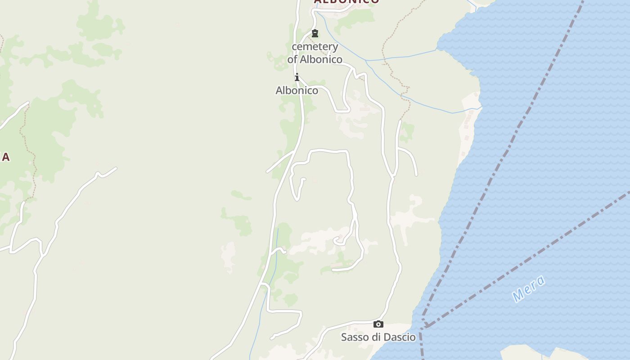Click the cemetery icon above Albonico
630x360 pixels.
315,33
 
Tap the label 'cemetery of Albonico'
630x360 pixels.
315,53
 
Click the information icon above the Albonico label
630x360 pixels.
297,77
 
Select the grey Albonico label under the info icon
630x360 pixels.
297,90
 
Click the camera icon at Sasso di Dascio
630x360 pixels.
378,324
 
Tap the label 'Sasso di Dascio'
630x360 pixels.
378,337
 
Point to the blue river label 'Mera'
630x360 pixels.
529,288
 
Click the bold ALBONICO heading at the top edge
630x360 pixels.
346,1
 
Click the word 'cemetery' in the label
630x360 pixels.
315,47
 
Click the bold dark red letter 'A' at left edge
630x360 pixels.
5,157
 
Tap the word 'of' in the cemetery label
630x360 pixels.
292,59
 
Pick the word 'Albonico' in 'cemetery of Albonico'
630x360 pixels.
321,59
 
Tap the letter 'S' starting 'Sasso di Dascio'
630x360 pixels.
344,337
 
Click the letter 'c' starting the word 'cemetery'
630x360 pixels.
295,47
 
